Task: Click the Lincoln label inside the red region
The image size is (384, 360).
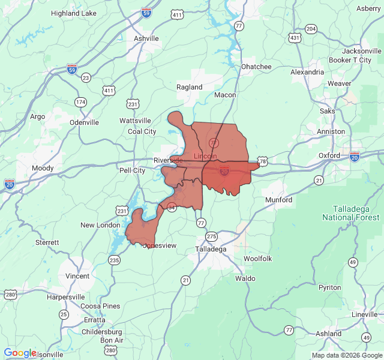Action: (205, 156)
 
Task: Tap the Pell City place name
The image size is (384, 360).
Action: (131, 170)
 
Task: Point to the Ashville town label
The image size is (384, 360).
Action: (146, 38)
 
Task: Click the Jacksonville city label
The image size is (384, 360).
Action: (358, 51)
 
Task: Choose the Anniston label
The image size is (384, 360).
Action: (331, 131)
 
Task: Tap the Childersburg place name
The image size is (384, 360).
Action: (102, 332)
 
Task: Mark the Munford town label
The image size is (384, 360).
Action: (278, 200)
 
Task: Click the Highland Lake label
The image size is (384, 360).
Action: (74, 13)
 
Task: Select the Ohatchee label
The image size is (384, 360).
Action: (256, 67)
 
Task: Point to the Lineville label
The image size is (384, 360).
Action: (365, 314)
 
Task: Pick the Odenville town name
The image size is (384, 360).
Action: (84, 122)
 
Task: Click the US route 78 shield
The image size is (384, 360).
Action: (262, 161)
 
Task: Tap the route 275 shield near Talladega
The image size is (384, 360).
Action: (211, 236)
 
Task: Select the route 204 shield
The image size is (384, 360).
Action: (311, 29)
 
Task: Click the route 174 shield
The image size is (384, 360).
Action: (80, 102)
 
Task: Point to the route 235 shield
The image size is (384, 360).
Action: (114, 260)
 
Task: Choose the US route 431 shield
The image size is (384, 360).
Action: (295, 38)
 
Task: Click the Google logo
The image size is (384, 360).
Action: (20, 353)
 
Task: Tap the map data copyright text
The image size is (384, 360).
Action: (346, 355)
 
